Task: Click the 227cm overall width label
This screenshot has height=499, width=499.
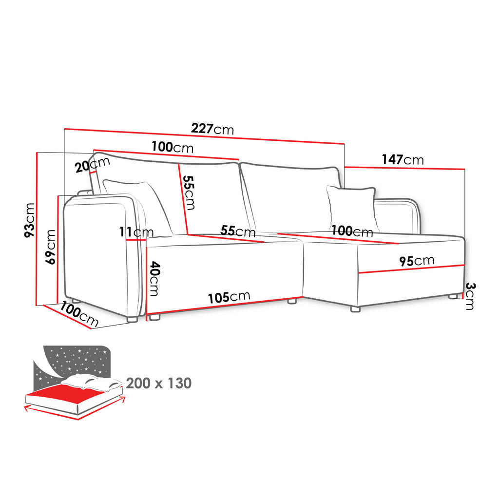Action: coord(212,129)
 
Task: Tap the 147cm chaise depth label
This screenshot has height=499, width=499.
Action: coord(403,159)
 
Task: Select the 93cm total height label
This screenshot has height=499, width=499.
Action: coord(30,220)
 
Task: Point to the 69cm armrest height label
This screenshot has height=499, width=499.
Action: coord(50,247)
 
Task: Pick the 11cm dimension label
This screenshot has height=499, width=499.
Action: coord(136,232)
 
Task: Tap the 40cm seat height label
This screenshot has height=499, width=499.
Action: coord(154,278)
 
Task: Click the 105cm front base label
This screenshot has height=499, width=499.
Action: coord(229,296)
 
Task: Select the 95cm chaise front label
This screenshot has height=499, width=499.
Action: coord(417,261)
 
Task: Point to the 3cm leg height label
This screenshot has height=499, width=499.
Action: coord(469,296)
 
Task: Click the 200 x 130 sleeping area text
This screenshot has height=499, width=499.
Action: coord(158,384)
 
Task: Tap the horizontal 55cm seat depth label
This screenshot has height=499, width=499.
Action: coord(238,230)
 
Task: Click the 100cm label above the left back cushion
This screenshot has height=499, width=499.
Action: coord(172,146)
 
